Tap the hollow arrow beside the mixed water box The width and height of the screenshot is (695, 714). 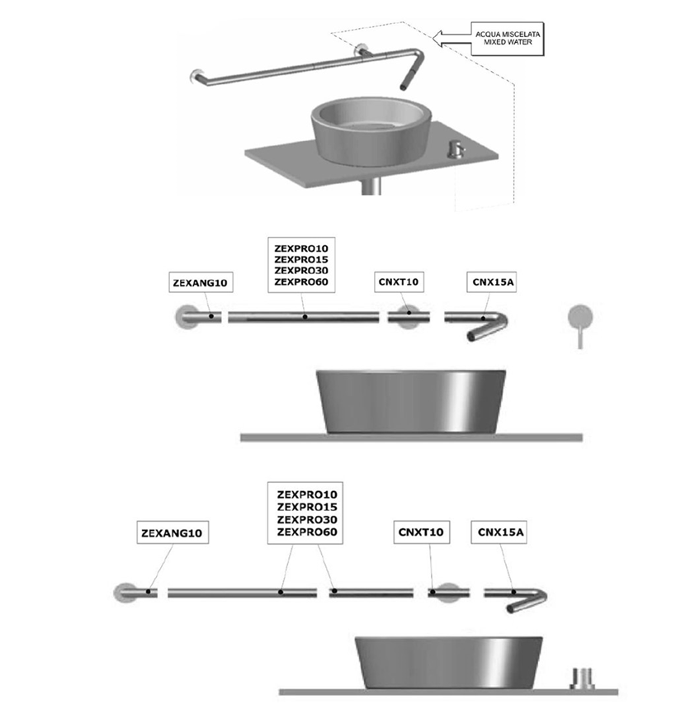click(x=451, y=36)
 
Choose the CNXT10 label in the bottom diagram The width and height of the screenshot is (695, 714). click(x=421, y=532)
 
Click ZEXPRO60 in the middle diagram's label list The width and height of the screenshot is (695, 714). click(x=301, y=282)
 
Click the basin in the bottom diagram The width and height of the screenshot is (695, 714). click(x=448, y=661)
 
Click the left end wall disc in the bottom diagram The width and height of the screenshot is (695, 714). click(x=127, y=592)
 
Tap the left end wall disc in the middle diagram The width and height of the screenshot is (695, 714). click(x=187, y=316)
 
